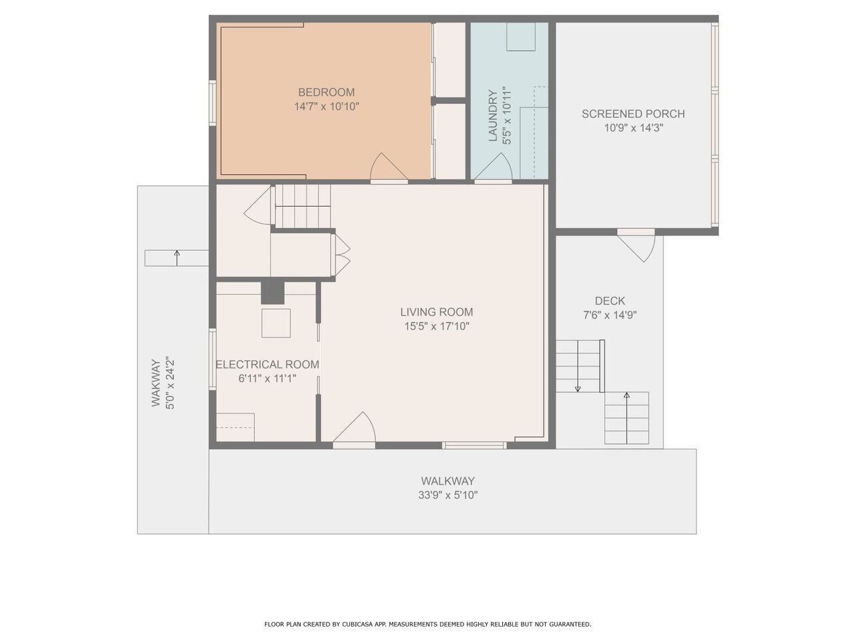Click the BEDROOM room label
click(326, 92)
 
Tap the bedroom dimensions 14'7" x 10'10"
click(326, 106)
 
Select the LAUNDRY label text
click(494, 116)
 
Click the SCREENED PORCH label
click(633, 114)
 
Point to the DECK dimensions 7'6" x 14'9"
click(609, 315)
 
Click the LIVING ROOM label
click(436, 312)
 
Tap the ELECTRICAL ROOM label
click(267, 364)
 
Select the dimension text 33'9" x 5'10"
click(448, 496)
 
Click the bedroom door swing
click(387, 167)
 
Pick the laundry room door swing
click(494, 167)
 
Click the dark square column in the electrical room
click(272, 292)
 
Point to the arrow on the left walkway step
click(177, 257)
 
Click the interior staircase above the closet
click(303, 206)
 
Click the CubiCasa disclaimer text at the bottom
click(428, 624)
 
